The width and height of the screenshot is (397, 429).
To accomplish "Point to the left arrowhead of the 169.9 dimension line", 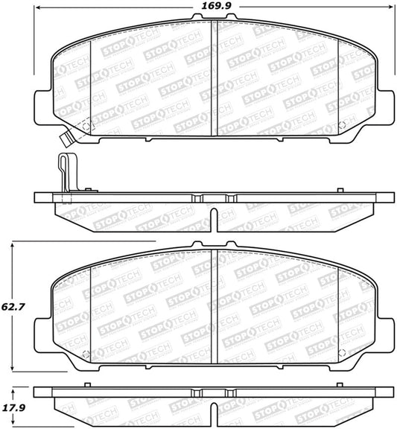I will point(38,7).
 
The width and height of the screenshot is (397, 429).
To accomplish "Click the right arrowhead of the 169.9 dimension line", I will point(390,7).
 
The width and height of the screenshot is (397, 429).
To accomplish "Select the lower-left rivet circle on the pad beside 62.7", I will point(86,353).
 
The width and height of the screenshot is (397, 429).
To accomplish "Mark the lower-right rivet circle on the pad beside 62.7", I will point(342,353).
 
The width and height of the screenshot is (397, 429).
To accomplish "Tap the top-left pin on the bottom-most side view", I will point(89,385).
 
